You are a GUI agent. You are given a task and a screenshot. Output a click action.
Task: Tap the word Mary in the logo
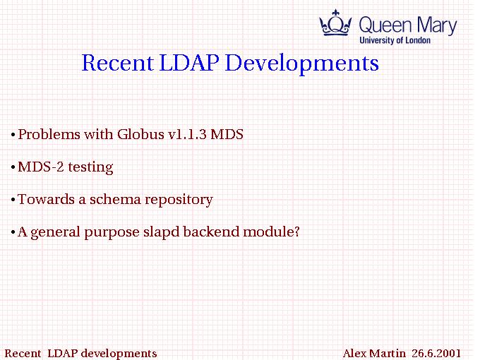[437, 25]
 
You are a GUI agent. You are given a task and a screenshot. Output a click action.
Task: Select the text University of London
[395, 40]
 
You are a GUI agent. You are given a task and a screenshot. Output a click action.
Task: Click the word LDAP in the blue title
[189, 63]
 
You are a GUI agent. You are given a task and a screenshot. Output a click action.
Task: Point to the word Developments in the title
[302, 64]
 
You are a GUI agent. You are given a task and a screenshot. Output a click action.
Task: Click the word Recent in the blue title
[117, 63]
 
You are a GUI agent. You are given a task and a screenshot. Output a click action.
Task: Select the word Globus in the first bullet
[140, 134]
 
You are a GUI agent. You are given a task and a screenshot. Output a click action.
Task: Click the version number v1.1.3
[187, 135]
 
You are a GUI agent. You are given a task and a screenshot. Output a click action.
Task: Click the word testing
[90, 168]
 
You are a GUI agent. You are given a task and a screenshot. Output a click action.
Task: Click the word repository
[179, 200]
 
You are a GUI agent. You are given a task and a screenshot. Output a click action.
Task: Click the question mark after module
[296, 232]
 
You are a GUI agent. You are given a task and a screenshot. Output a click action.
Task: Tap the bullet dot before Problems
[13, 135]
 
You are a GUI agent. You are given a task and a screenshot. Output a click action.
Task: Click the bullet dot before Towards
[13, 200]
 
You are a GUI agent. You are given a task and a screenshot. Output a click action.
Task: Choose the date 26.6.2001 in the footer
[436, 353]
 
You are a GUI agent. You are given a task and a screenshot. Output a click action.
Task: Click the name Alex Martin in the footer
[374, 353]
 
